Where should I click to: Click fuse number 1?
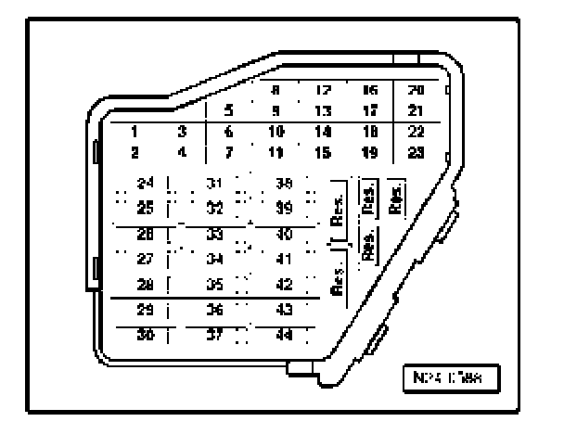135,132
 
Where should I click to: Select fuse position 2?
135,151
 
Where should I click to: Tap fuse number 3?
183,132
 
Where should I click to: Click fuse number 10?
276,132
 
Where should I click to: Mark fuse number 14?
324,132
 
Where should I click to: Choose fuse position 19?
369,151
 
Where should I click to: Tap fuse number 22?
416,132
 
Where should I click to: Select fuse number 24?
144,183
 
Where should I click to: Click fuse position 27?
144,257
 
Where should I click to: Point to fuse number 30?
144,335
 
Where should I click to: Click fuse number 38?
285,183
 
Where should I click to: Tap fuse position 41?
285,257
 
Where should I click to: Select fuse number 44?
285,335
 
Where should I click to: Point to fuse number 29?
144,309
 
